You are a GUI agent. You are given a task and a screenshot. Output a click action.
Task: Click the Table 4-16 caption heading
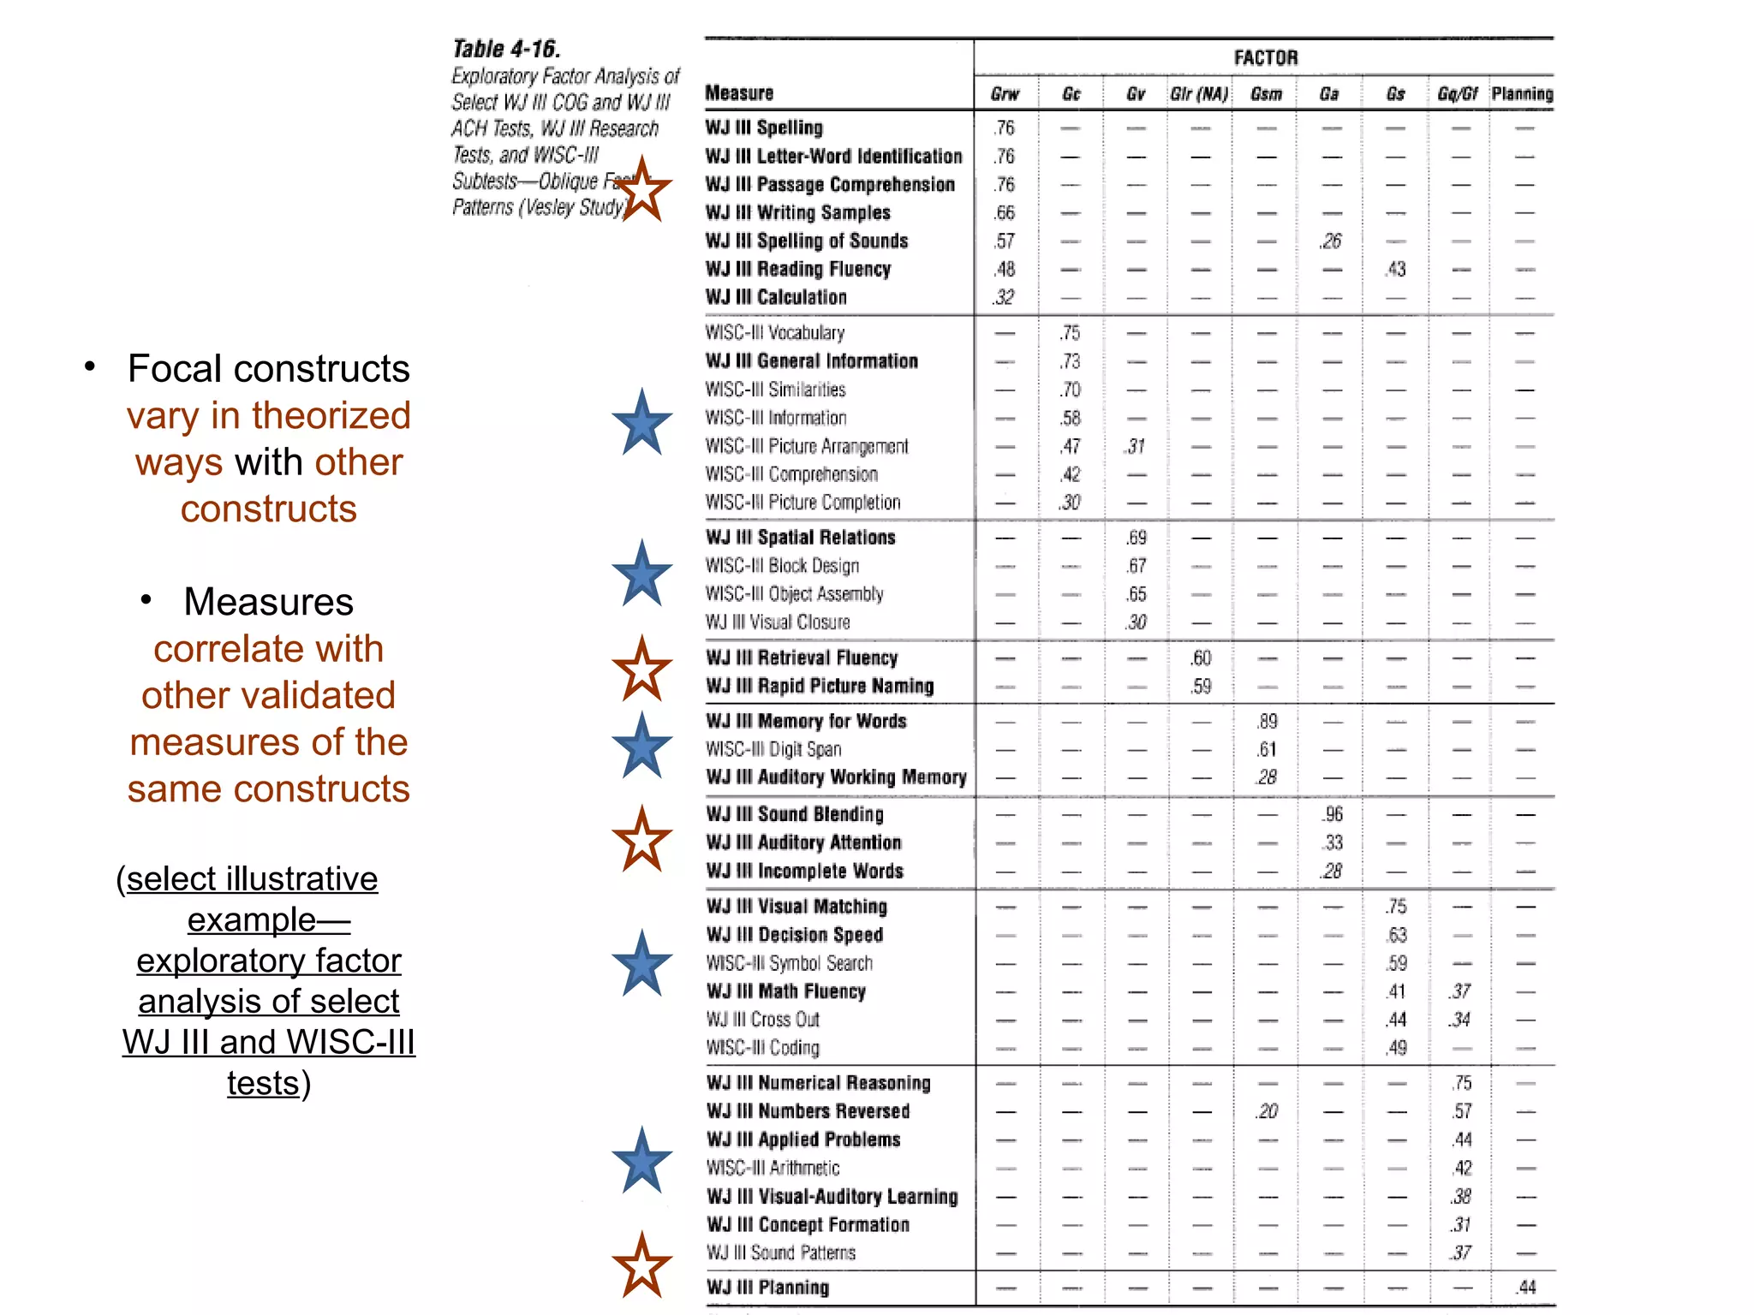pos(505,49)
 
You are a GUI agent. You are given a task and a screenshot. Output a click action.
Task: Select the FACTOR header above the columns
pos(1265,57)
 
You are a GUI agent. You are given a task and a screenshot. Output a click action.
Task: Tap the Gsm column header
pos(1266,94)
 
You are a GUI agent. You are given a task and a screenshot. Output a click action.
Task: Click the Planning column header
pos(1522,94)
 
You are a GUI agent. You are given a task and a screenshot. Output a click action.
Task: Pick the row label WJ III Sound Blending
pos(795,814)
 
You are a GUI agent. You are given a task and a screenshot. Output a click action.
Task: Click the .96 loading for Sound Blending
pos(1332,814)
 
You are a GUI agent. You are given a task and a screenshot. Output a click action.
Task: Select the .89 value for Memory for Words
pos(1267,722)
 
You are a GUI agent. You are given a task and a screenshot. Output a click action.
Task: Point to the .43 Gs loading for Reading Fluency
pos(1395,270)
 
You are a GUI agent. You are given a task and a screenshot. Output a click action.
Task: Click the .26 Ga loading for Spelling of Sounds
pos(1330,241)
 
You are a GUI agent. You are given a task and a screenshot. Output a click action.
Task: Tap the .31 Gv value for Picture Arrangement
pos(1136,447)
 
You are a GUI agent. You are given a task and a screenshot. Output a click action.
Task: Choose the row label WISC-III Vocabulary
pos(774,333)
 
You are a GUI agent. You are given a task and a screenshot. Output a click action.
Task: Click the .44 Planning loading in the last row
pos(1525,1288)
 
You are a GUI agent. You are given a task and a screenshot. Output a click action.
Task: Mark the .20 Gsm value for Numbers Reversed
pos(1267,1111)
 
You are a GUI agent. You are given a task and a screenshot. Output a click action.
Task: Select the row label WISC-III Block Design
pos(782,566)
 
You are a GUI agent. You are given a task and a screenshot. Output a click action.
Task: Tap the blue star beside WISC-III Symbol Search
pos(641,964)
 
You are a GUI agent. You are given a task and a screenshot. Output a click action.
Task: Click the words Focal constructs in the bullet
pos(268,369)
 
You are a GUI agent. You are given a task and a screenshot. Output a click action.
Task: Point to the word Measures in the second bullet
pos(268,602)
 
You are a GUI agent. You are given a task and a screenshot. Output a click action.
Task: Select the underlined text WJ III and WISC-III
pos(268,1043)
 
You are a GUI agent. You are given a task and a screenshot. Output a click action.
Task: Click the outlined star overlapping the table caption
pos(642,190)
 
